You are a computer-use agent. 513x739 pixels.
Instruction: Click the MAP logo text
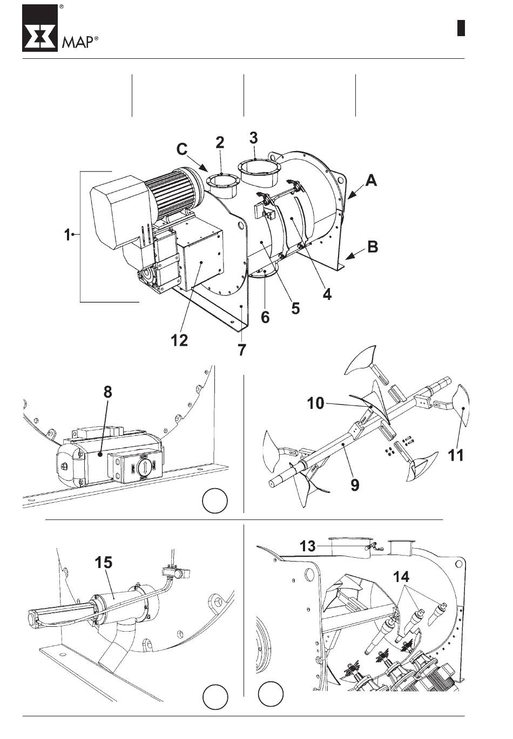coord(78,42)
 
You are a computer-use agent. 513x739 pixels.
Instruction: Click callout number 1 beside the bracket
coord(67,235)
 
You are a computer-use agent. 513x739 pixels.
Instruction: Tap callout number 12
coord(179,340)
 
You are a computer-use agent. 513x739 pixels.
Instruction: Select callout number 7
coord(242,350)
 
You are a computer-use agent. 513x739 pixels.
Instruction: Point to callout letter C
coord(182,149)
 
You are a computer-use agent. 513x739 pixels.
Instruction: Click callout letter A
coord(372,181)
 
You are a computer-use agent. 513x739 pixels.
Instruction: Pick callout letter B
coord(373,247)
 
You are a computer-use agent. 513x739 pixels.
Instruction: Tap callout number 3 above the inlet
coord(253,138)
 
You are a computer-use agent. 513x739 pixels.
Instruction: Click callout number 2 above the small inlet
coord(220,142)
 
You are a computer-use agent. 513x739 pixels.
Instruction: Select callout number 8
coord(107,392)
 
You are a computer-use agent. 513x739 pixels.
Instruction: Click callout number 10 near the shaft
coord(316,403)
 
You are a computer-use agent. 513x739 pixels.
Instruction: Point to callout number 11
coord(456,455)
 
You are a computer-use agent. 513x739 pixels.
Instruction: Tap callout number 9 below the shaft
coord(354,484)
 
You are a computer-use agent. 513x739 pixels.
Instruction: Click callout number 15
coord(104,562)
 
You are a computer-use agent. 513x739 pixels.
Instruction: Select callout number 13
coord(308,546)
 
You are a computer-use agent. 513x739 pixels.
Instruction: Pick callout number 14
coord(401,577)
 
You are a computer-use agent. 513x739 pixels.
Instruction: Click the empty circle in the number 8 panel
coord(215,500)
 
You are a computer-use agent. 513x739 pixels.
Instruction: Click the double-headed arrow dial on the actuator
coord(144,467)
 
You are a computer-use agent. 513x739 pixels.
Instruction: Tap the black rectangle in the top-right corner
coord(461,28)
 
